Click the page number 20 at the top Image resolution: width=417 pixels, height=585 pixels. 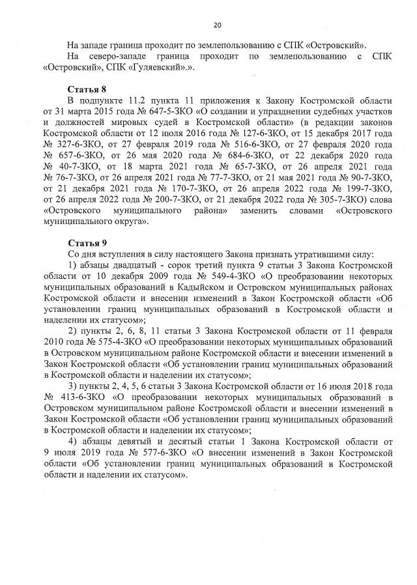point(218,25)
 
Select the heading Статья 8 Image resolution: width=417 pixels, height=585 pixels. point(87,88)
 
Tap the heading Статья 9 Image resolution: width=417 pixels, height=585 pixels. point(87,242)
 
